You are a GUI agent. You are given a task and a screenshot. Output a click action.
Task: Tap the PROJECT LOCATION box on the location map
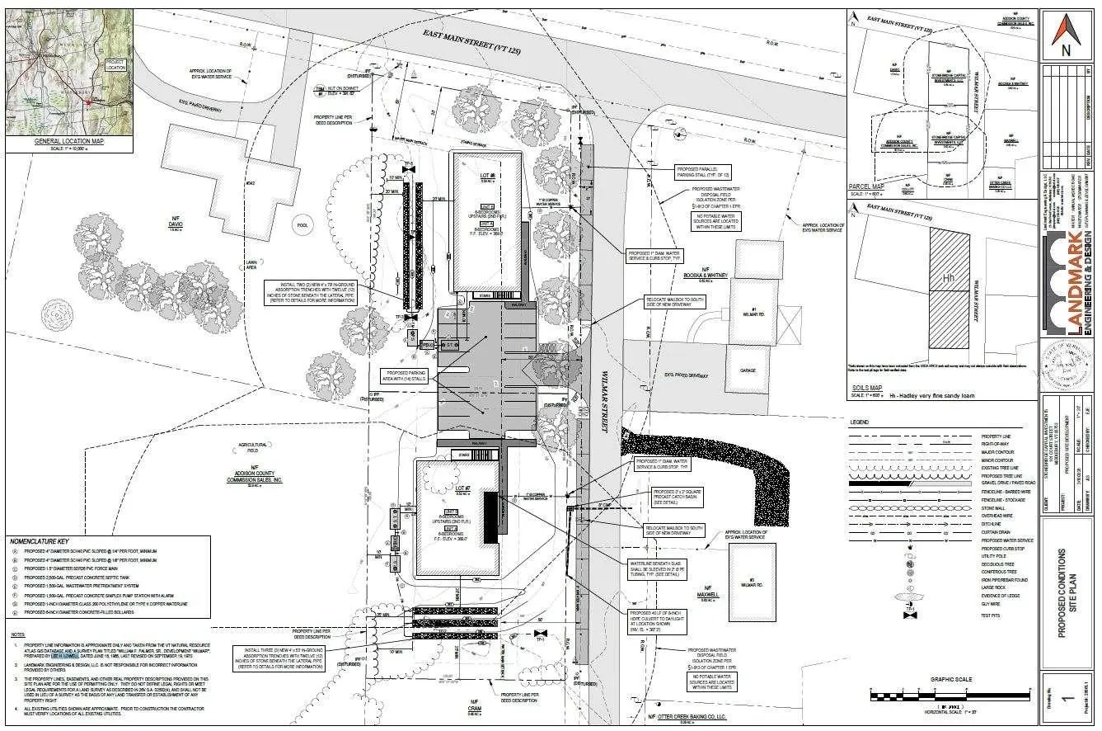[x=115, y=64]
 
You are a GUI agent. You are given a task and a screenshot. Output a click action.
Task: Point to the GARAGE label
[x=748, y=370]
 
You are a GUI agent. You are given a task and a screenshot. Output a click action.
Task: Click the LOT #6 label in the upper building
[x=486, y=177]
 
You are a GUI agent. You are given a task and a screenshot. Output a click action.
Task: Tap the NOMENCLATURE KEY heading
[x=45, y=541]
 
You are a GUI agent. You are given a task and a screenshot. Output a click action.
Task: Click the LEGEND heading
[x=862, y=422]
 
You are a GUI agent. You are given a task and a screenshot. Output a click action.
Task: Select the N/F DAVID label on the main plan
[x=175, y=224]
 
